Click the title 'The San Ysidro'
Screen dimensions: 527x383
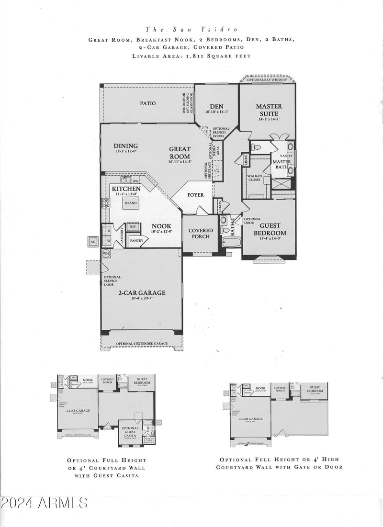pos(191,29)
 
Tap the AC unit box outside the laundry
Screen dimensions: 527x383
pos(93,241)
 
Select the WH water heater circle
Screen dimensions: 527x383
pos(106,253)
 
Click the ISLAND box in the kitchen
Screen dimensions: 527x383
pos(131,203)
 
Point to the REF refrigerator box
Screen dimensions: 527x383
pos(133,226)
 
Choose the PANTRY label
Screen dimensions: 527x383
pos(136,241)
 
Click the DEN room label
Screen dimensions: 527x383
pos(217,106)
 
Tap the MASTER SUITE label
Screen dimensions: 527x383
pos(269,109)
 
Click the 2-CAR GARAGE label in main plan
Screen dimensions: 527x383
pos(142,292)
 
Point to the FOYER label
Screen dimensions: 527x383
pos(195,195)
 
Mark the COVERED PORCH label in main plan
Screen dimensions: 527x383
pos(201,234)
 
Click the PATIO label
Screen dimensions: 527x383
pos(148,103)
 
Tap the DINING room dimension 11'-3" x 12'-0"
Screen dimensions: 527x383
pos(126,152)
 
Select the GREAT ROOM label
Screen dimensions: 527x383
pos(180,153)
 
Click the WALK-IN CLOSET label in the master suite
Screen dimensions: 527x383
pos(254,178)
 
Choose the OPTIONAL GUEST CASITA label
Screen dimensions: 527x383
pos(130,430)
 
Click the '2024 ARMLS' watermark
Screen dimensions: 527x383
pos(44,503)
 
